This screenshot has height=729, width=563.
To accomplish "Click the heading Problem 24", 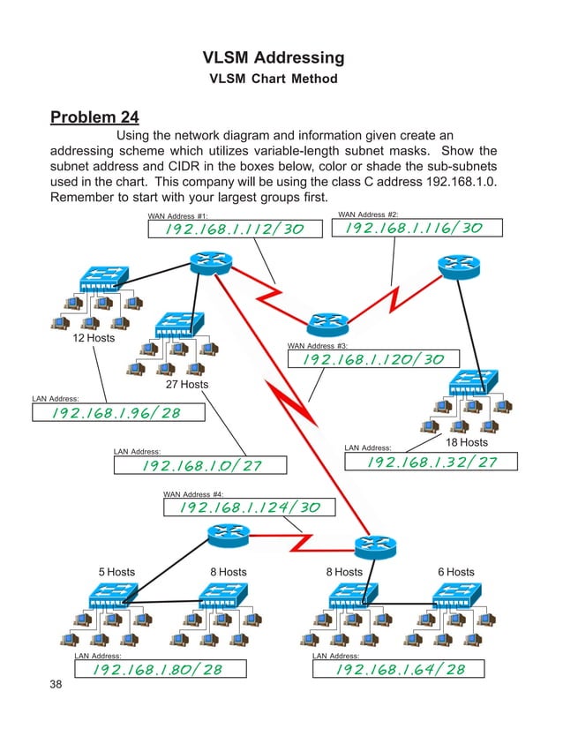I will point(94,117).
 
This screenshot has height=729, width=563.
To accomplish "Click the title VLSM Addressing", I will point(273,58).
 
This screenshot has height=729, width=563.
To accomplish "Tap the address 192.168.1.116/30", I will point(414,228).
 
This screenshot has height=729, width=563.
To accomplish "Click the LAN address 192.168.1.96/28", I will point(116,413).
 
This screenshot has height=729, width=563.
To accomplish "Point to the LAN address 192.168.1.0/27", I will point(202,465).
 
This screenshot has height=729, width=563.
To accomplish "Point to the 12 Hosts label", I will point(93,338).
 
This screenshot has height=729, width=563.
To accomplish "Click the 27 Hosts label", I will point(187,384).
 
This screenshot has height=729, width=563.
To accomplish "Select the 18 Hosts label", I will point(466,441).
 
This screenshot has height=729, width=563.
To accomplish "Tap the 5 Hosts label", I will point(116,572).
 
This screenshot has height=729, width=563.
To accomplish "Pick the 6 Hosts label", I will point(455,572).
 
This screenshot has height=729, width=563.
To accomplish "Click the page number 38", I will point(58,685).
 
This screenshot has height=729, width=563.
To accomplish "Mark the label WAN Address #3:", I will point(318,346).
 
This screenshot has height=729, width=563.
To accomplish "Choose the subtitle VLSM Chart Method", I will point(273,79).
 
